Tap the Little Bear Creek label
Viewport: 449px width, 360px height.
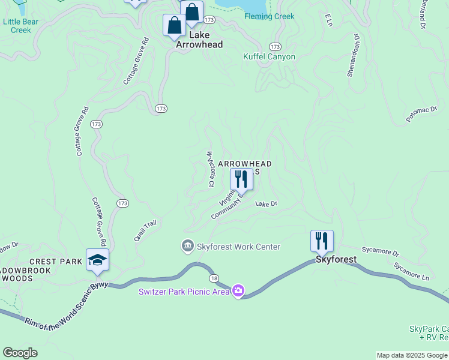(16, 26)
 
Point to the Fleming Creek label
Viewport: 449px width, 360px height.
(269, 16)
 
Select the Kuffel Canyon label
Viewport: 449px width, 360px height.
(269, 57)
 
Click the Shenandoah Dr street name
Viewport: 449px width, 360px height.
(353, 55)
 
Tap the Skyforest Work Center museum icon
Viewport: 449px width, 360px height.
(187, 246)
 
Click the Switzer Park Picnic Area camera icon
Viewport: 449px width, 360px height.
(238, 291)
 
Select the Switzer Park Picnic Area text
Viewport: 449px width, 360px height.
(184, 292)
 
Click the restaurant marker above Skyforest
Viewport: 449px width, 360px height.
(322, 241)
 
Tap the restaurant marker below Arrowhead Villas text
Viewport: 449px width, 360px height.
(241, 179)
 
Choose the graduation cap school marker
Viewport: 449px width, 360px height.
(97, 260)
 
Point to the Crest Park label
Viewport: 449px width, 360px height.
(55, 262)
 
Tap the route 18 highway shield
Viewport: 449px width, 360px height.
(214, 279)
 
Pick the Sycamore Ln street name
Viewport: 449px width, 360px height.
(412, 271)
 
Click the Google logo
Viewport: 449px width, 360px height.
(20, 353)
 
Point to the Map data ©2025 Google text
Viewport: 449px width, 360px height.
(412, 355)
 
